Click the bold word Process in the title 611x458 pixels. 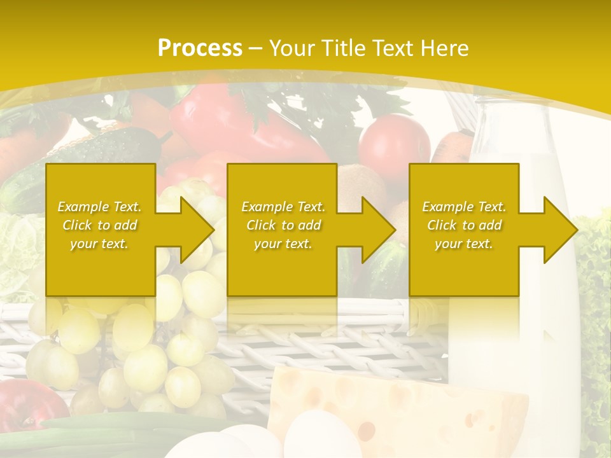pyautogui.click(x=200, y=48)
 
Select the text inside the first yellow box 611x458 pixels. pyautogui.click(x=99, y=225)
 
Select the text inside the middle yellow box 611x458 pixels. pyautogui.click(x=283, y=225)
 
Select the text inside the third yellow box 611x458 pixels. pyautogui.click(x=464, y=225)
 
